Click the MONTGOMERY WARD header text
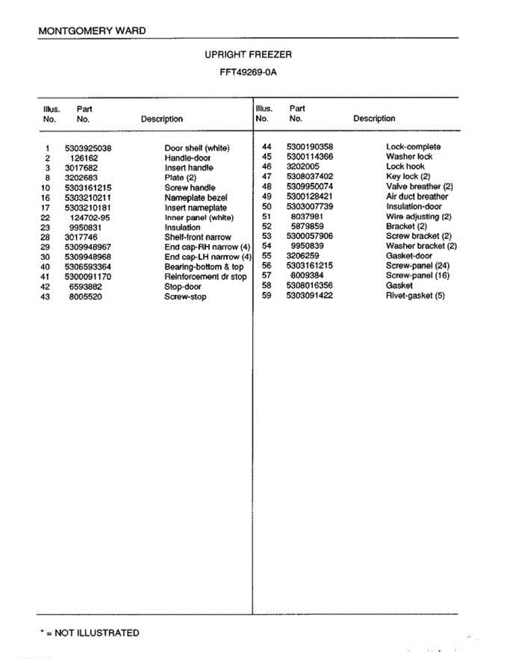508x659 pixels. coord(92,31)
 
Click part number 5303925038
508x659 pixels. coord(88,148)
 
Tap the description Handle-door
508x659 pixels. coord(187,158)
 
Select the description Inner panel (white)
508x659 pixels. coord(199,217)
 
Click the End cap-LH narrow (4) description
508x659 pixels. coord(208,257)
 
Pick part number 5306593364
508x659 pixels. coord(88,267)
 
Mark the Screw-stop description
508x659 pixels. coord(185,297)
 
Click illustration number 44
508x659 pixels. coord(267,147)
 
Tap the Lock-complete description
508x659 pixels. coord(413,147)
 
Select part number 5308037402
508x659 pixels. coord(310,176)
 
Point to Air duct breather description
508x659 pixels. coord(417,197)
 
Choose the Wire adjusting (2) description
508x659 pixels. coord(418,216)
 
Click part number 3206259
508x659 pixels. coord(303,256)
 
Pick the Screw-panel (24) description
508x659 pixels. coord(417,266)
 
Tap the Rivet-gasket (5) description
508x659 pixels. coord(415,296)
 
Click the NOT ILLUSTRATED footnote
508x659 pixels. coord(90,633)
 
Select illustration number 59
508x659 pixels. coord(267,295)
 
